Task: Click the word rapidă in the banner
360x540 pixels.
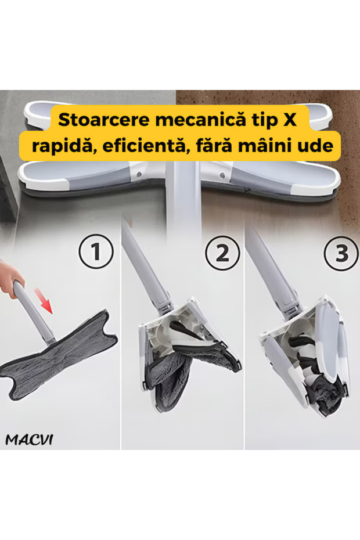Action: [x=63, y=146]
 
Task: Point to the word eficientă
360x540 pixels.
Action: [x=146, y=145]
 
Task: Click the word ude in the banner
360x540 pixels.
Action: [x=316, y=146]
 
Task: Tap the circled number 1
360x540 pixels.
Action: [x=96, y=251]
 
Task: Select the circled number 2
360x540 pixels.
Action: [x=222, y=253]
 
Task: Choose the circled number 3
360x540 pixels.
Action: [x=341, y=253]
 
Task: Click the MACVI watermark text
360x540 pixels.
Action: [x=29, y=440]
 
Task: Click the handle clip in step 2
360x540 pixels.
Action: [x=165, y=305]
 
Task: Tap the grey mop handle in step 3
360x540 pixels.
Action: [x=272, y=269]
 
